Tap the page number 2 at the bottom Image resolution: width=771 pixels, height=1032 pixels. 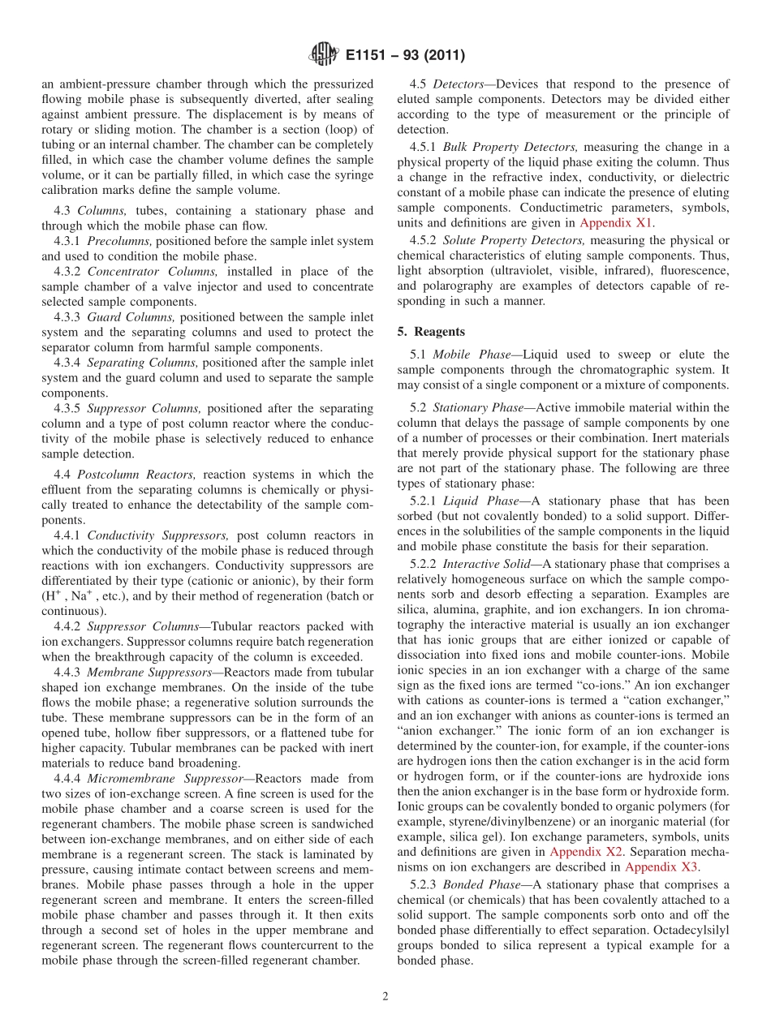point(385,997)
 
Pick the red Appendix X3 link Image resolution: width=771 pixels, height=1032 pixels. point(661,866)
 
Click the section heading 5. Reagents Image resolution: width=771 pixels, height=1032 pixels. point(432,332)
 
